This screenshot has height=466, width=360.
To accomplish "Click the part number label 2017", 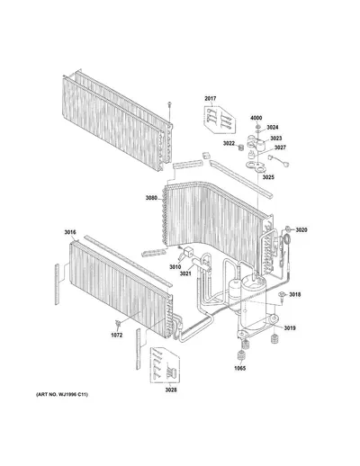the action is pyautogui.click(x=211, y=98).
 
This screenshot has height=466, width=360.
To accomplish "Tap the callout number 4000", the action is pyautogui.click(x=256, y=118).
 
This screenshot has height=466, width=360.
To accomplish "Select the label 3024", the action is pyautogui.click(x=273, y=128).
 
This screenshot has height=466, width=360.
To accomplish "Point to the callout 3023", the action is pyautogui.click(x=276, y=139).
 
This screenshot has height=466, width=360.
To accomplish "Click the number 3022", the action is pyautogui.click(x=229, y=144).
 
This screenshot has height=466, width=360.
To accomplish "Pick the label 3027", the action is pyautogui.click(x=280, y=148).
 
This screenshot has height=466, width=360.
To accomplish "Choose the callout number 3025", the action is pyautogui.click(x=268, y=177).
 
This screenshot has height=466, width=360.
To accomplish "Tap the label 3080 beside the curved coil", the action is pyautogui.click(x=151, y=198).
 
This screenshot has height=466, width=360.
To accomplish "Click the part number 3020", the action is pyautogui.click(x=301, y=230).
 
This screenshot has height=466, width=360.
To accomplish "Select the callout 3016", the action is pyautogui.click(x=70, y=232).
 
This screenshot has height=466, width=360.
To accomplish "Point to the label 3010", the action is pyautogui.click(x=175, y=267).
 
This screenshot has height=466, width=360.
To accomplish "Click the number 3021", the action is pyautogui.click(x=185, y=273).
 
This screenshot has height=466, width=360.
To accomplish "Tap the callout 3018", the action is pyautogui.click(x=295, y=295).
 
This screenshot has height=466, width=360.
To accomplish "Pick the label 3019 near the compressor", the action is pyautogui.click(x=290, y=328).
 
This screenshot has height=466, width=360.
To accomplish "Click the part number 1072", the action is pyautogui.click(x=117, y=336).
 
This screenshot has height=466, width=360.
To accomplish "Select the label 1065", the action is pyautogui.click(x=240, y=368).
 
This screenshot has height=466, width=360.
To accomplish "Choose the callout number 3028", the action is pyautogui.click(x=171, y=390).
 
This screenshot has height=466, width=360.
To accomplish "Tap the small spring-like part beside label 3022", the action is pyautogui.click(x=240, y=148).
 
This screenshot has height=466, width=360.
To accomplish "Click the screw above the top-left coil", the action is pyautogui.click(x=170, y=106).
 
